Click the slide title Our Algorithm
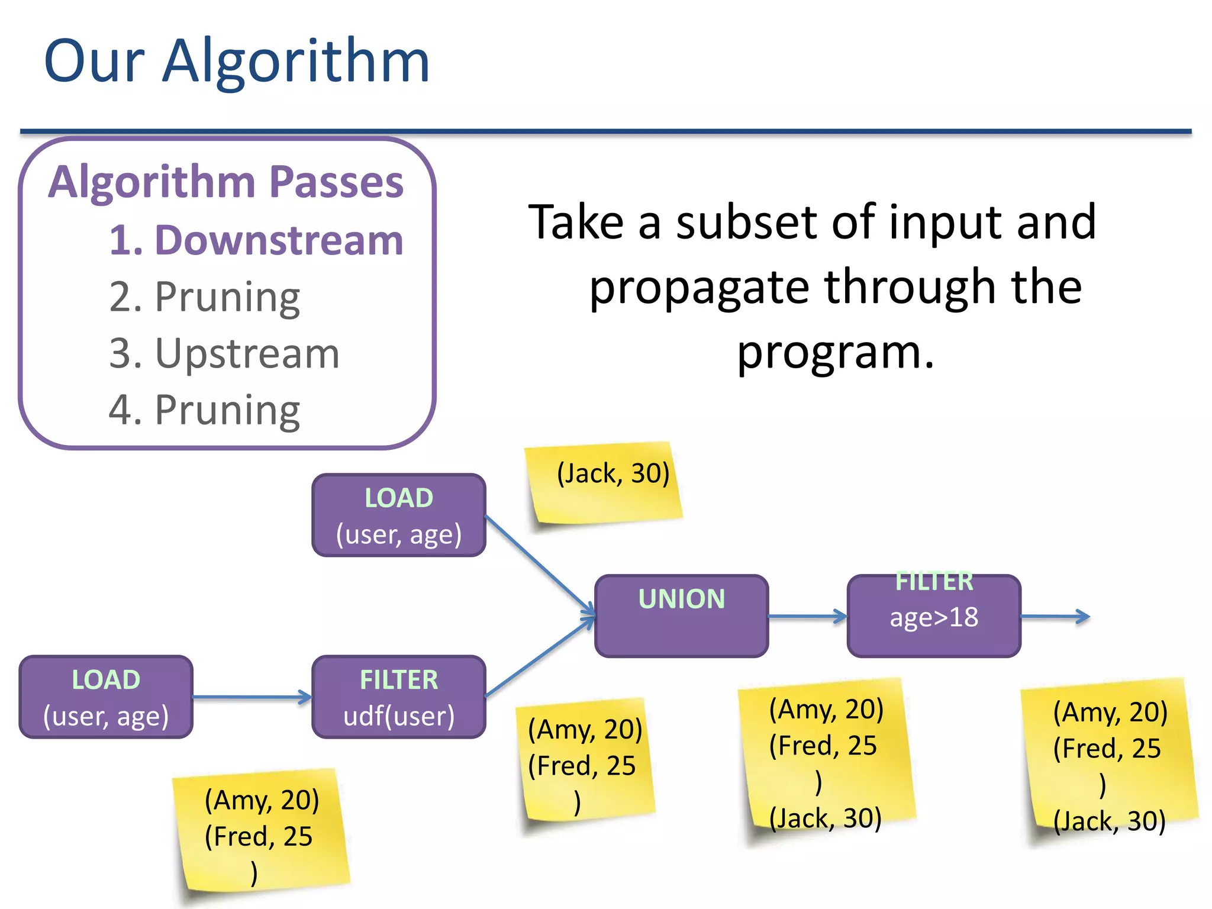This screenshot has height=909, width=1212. [x=237, y=61]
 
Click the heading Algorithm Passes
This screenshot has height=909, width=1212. [x=226, y=182]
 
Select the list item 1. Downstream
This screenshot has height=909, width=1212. [x=256, y=240]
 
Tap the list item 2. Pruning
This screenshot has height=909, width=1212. [x=204, y=296]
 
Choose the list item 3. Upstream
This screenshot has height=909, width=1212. [x=224, y=353]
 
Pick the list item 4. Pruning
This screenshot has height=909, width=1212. [x=204, y=410]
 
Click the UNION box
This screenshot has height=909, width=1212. [x=681, y=616]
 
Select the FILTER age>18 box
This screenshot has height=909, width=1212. [x=933, y=616]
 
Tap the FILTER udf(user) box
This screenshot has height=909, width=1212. [x=399, y=697]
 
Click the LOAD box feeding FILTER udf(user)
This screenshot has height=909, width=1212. [x=106, y=697]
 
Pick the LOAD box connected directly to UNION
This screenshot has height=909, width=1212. [x=399, y=515]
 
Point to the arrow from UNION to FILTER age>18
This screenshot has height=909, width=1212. [x=807, y=616]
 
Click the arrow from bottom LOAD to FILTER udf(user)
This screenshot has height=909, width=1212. [x=252, y=697]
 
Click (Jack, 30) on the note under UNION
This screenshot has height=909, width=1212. [x=825, y=818]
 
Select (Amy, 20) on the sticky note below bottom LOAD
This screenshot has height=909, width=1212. [x=262, y=800]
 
